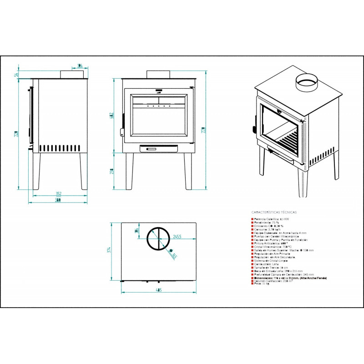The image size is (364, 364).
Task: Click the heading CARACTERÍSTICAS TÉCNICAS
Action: tap(274, 212)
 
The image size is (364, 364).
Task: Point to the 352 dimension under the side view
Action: tap(58, 194)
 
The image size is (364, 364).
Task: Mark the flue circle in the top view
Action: tap(158, 238)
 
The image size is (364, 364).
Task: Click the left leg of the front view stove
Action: tap(130, 171)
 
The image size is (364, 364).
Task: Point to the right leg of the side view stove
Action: tap(83, 171)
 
